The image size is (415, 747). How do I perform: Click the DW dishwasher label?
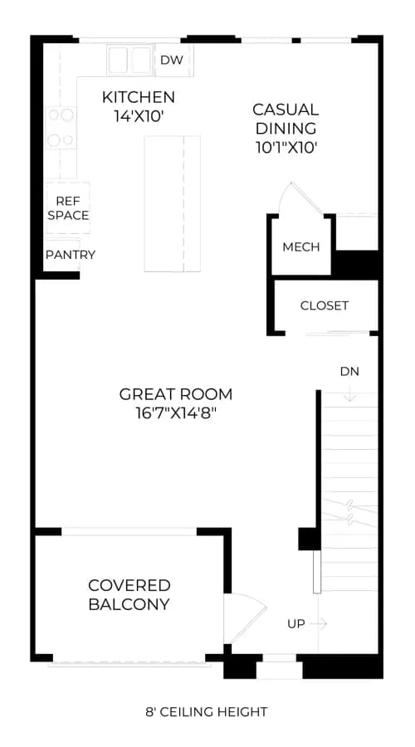click(x=172, y=60)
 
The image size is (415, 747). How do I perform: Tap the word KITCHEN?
click(x=139, y=97)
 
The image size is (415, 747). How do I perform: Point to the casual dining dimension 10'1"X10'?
click(x=286, y=147)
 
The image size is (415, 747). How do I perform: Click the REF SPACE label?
click(x=68, y=208)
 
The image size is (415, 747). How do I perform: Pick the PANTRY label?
click(x=70, y=255)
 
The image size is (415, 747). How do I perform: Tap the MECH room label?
click(x=300, y=247)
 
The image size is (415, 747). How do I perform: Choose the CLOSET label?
click(x=324, y=305)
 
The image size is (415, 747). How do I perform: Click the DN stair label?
click(x=349, y=371)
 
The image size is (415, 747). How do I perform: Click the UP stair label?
click(x=295, y=623)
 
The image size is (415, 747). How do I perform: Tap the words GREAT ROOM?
click(x=176, y=394)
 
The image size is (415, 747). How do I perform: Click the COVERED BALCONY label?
click(x=129, y=594)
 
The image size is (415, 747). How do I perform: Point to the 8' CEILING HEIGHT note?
click(x=207, y=712)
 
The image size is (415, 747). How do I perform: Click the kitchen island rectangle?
click(x=173, y=204)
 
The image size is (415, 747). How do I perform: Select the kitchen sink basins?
click(x=130, y=60)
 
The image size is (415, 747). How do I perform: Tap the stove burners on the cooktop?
click(x=61, y=128)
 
